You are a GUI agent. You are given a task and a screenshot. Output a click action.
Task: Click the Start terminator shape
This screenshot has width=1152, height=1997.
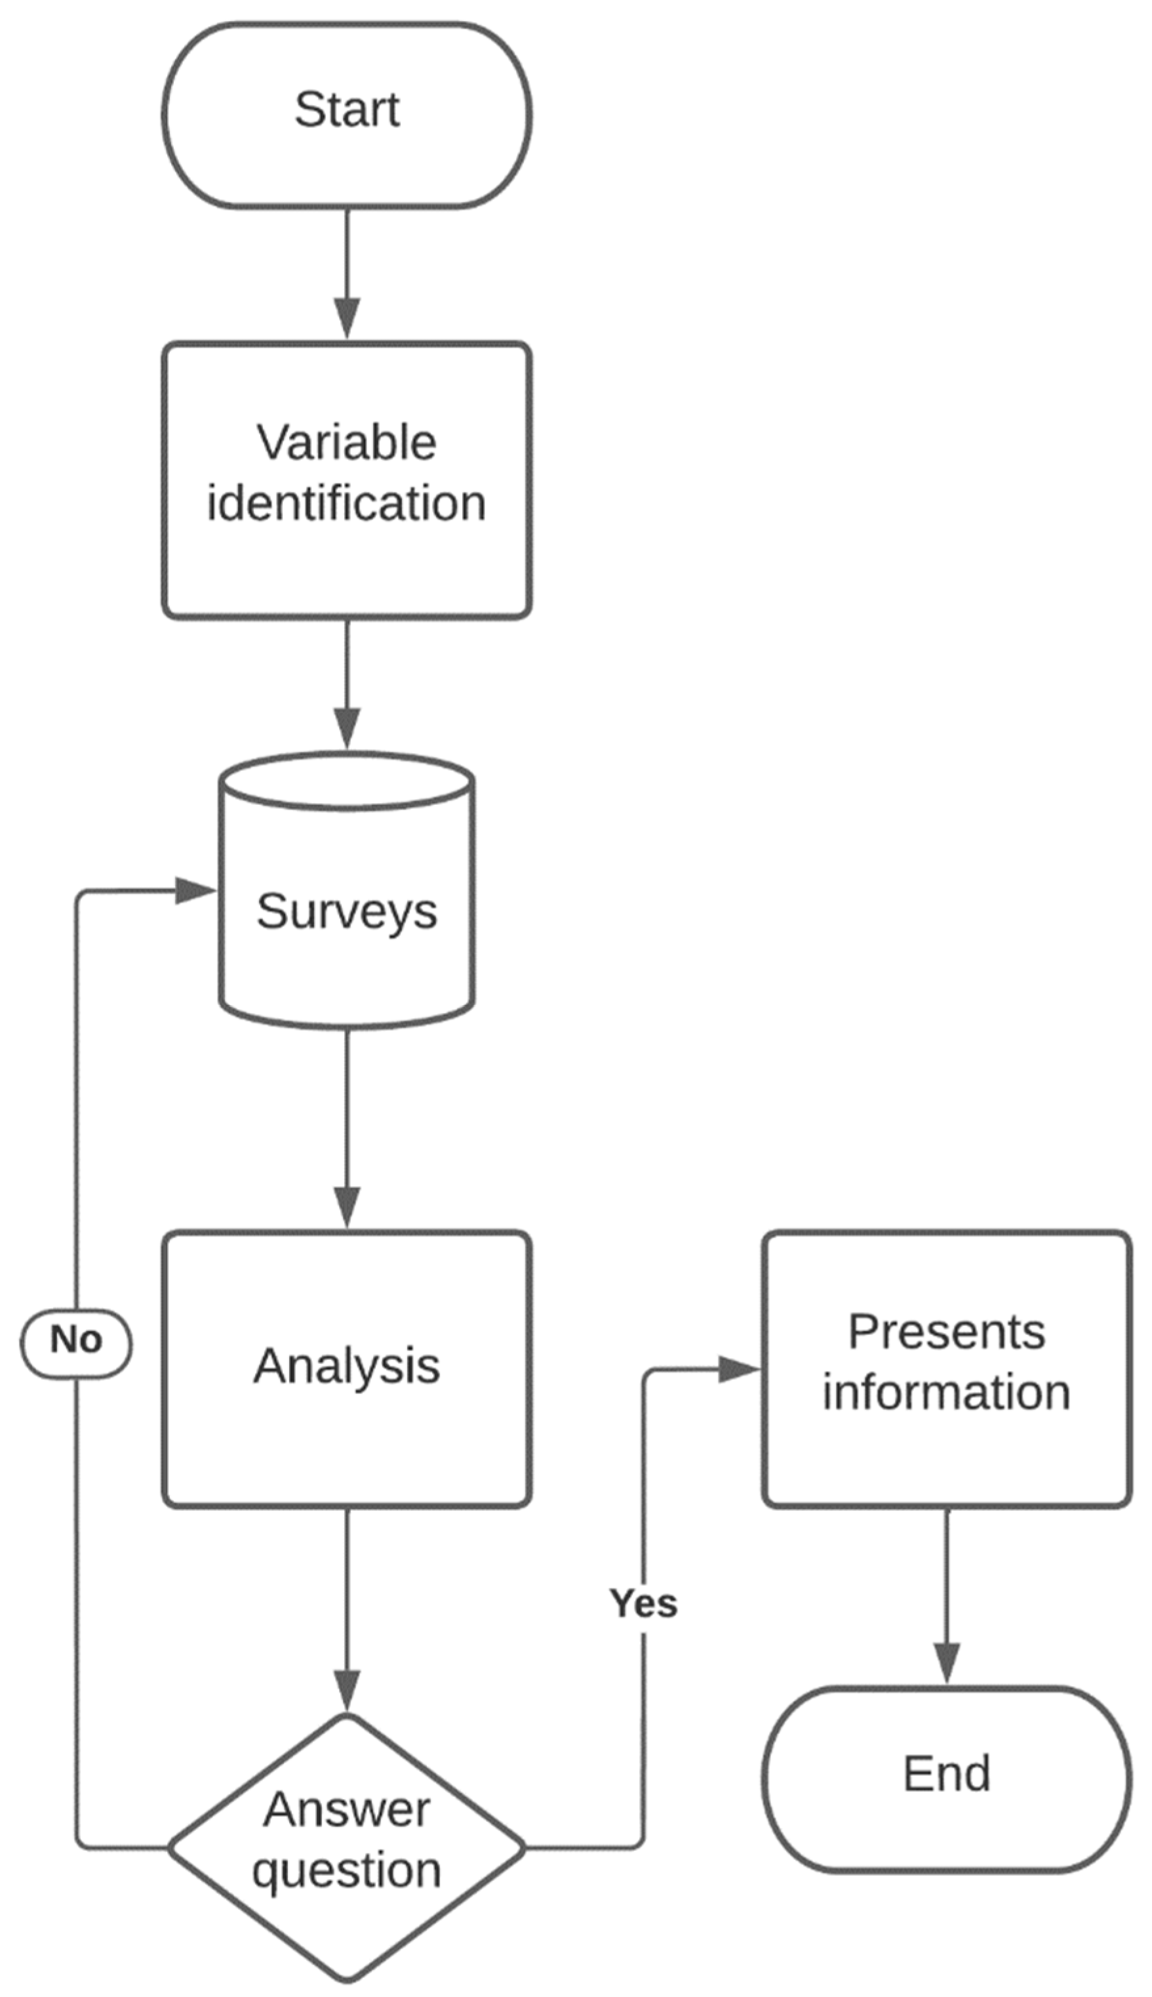[x=347, y=115]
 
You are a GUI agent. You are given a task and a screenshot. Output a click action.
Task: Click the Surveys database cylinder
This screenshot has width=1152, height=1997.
[x=347, y=910]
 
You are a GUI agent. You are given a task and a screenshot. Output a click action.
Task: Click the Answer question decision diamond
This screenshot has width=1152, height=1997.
[x=347, y=1844]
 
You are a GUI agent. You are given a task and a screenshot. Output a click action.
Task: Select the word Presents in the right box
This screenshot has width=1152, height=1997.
[x=946, y=1332]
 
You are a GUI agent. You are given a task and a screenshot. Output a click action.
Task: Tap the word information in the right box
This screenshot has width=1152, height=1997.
[x=946, y=1392]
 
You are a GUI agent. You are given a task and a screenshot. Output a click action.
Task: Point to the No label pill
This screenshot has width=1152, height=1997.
[x=76, y=1340]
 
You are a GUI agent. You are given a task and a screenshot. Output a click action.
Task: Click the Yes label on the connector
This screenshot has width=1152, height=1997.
[x=643, y=1603]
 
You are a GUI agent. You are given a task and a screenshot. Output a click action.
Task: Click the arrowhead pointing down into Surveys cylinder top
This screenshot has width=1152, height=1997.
[x=347, y=727]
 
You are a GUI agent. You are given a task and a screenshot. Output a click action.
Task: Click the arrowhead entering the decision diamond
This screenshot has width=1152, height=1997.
[x=347, y=1690]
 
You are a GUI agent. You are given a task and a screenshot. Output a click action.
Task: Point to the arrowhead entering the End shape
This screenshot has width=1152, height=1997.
[x=946, y=1660]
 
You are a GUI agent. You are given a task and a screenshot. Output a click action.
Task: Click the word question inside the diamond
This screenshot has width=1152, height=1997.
[x=347, y=1870]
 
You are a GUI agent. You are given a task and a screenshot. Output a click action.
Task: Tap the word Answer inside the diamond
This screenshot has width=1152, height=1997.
[x=347, y=1810]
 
